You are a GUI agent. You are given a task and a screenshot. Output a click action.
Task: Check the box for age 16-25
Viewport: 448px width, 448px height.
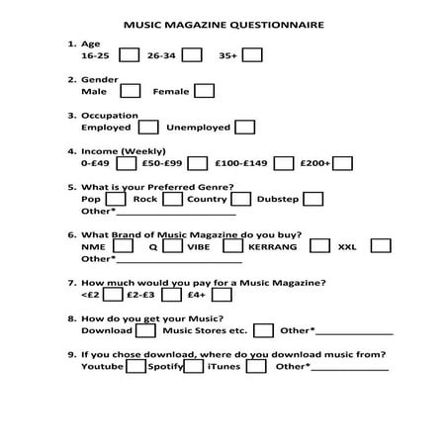pos(129,55)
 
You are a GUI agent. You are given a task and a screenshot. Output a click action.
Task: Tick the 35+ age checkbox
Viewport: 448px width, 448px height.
pos(252,55)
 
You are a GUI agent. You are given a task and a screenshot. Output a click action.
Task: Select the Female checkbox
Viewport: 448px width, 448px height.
pos(205,91)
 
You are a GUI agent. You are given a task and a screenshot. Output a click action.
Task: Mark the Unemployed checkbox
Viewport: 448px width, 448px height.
pos(244,127)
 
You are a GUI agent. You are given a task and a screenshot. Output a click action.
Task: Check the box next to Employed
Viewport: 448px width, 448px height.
pos(148,127)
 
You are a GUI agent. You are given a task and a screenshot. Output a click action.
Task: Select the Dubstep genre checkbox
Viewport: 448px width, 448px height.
pos(313,199)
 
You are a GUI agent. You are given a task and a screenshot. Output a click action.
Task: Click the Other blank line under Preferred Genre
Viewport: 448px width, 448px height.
pos(176,212)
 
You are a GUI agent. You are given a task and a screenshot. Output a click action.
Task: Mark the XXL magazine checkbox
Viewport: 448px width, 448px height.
pos(381,246)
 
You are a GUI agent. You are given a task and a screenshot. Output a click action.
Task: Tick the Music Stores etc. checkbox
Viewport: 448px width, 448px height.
pos(264,330)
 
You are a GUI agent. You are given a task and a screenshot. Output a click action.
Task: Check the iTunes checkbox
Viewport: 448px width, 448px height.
pos(256,367)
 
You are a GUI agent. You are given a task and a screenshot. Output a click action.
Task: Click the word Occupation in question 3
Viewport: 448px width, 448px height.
pos(110,116)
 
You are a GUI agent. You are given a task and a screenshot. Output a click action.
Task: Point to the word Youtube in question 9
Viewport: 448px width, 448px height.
pos(102,367)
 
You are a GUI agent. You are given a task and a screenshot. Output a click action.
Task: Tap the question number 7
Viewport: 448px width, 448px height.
pos(70,283)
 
